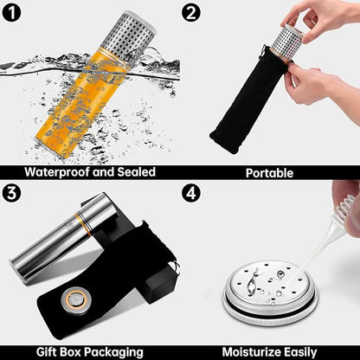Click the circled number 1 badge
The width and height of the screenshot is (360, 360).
pyautogui.click(x=12, y=12)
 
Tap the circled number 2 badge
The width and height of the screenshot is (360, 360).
pyautogui.click(x=191, y=12)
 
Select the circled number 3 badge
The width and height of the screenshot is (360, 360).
pyautogui.click(x=12, y=193)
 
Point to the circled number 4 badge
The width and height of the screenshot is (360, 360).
pyautogui.click(x=191, y=193)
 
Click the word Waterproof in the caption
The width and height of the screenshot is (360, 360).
pyautogui.click(x=57, y=172)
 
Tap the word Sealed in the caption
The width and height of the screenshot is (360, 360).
pyautogui.click(x=136, y=172)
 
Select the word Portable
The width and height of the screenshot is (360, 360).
pyautogui.click(x=269, y=173)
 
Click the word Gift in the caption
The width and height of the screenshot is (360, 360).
pyautogui.click(x=47, y=352)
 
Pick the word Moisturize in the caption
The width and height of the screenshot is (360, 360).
pyautogui.click(x=251, y=352)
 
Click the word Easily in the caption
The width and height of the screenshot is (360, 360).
pyautogui.click(x=300, y=352)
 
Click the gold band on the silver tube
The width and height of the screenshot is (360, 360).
pyautogui.click(x=84, y=224)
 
